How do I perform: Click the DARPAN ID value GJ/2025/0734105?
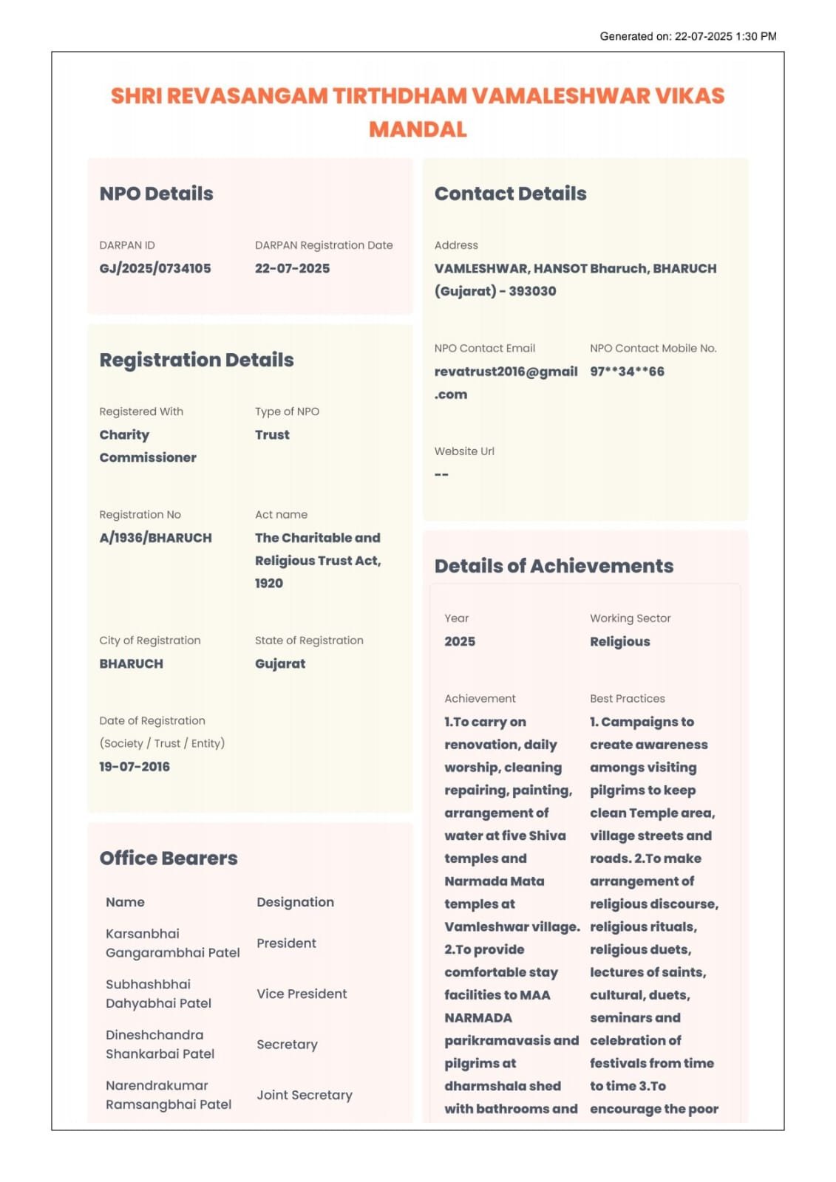[155, 268]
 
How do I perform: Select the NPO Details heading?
[156, 194]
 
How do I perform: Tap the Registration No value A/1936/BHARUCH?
[155, 538]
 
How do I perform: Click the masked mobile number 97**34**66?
[627, 372]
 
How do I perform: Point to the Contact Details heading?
[510, 194]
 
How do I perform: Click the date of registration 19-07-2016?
[135, 767]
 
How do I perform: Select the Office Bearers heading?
[169, 858]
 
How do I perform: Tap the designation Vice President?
[302, 994]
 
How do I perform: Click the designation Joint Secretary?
[304, 1095]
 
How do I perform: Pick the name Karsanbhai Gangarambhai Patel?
[172, 943]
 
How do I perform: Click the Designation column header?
[295, 902]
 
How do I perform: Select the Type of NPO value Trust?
[272, 435]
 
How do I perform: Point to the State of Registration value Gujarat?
[280, 663]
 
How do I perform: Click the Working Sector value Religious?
[619, 641]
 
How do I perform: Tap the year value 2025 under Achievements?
[460, 641]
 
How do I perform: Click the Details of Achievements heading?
[554, 566]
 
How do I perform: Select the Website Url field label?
[464, 451]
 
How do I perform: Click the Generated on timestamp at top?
[687, 36]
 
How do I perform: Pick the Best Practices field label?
[627, 699]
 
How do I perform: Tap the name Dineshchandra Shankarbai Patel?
[160, 1045]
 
